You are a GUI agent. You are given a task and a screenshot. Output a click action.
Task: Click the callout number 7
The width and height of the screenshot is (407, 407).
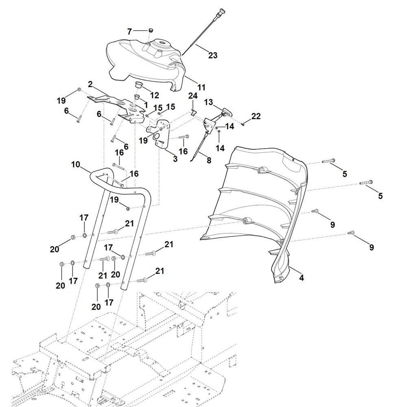[129, 32]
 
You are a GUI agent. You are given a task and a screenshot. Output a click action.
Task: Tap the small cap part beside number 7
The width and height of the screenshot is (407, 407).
[150, 31]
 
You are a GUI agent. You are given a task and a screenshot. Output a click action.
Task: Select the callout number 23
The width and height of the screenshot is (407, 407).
[213, 55]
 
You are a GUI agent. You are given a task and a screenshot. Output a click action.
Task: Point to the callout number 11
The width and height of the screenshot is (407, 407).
[201, 87]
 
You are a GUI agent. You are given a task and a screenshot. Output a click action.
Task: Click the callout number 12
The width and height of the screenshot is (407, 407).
[154, 95]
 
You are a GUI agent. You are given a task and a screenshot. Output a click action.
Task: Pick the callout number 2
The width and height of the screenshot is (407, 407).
[90, 84]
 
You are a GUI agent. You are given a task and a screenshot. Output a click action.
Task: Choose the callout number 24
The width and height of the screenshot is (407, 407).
[193, 96]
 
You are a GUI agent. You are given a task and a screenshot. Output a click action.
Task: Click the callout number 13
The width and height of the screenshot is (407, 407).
[208, 102]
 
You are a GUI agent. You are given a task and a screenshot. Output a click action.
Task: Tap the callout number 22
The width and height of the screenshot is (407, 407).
[256, 116]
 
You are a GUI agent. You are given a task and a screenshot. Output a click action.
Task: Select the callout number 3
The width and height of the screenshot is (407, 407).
[175, 159]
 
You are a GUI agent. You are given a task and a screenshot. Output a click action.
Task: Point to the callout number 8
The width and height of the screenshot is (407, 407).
[209, 160]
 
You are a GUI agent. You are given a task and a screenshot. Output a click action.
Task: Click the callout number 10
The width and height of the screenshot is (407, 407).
[76, 164]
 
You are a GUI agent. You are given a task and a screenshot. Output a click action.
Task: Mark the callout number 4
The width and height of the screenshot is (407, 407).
[301, 278]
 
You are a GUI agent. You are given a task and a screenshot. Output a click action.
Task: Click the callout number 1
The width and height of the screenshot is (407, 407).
[146, 105]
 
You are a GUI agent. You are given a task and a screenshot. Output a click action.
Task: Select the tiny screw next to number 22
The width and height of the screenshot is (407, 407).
[243, 125]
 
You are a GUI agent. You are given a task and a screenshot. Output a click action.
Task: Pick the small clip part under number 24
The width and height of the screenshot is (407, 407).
[193, 112]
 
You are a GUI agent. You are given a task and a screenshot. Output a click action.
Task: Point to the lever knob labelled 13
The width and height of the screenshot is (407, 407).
[227, 112]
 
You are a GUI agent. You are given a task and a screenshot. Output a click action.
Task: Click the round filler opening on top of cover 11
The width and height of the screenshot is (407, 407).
[162, 42]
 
